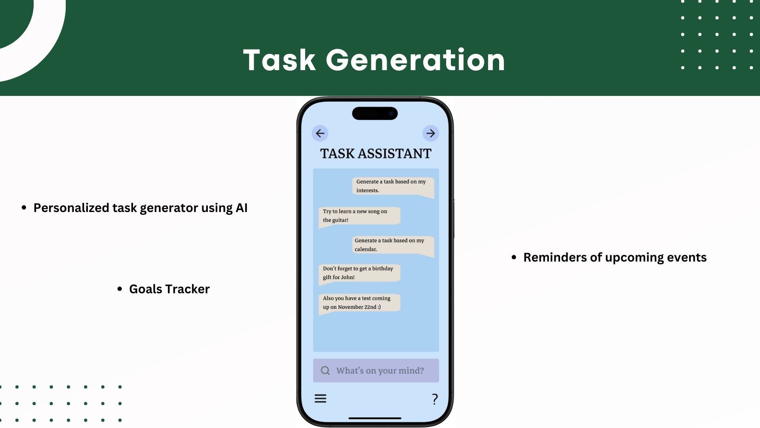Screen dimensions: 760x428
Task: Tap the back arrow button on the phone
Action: pyautogui.click(x=320, y=134)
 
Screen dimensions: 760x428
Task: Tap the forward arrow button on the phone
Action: pyautogui.click(x=431, y=134)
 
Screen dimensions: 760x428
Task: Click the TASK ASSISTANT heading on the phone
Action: pyautogui.click(x=376, y=154)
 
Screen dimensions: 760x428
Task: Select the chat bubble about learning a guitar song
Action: pyautogui.click(x=359, y=216)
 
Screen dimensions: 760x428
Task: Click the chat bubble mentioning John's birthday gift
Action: pyautogui.click(x=359, y=273)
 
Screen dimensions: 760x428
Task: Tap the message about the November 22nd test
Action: pyautogui.click(x=359, y=303)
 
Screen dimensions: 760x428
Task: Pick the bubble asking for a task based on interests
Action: pyautogui.click(x=393, y=186)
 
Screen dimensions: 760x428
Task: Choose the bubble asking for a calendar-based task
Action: pyautogui.click(x=393, y=245)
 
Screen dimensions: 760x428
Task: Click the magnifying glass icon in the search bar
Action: pyautogui.click(x=325, y=371)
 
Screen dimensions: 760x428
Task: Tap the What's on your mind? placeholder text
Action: pyautogui.click(x=380, y=371)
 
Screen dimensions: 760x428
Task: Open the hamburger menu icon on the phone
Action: pyautogui.click(x=320, y=398)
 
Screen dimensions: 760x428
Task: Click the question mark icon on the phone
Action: pyautogui.click(x=435, y=399)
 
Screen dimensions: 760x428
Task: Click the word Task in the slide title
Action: pyautogui.click(x=279, y=60)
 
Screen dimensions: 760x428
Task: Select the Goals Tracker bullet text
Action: pyautogui.click(x=169, y=289)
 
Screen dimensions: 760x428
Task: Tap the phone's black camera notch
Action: pyautogui.click(x=375, y=113)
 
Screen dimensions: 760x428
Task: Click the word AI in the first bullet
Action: pyautogui.click(x=241, y=208)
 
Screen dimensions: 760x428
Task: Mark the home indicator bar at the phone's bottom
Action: pyautogui.click(x=375, y=418)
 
